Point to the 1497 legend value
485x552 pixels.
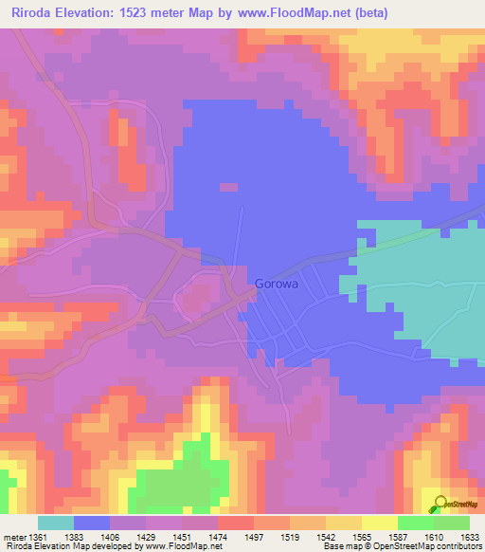(254, 538)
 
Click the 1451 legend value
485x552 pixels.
(182, 538)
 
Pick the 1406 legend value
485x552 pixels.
(111, 538)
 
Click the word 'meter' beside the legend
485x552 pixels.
(12, 538)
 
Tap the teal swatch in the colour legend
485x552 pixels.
(56, 523)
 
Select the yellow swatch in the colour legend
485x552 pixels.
(379, 523)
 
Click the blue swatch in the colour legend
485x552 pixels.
(92, 523)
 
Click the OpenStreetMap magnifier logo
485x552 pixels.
(440, 505)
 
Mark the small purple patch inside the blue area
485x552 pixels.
(228, 187)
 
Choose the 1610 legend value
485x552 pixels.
(432, 538)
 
